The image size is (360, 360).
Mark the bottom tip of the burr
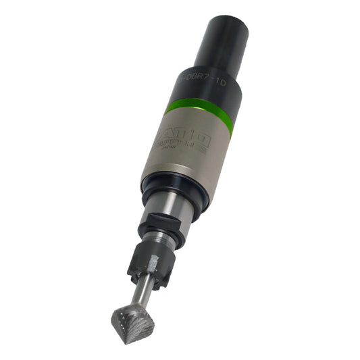pos(122,340)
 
